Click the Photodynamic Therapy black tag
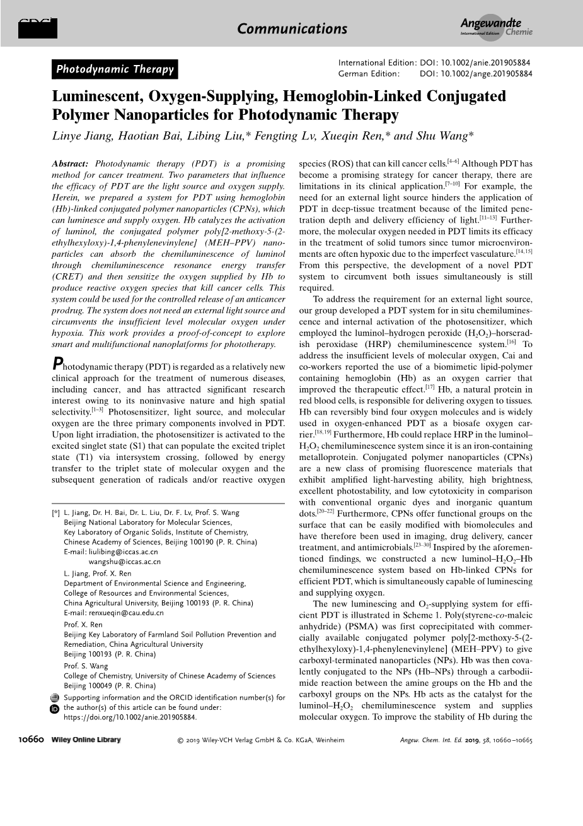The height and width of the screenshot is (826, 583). tap(115, 69)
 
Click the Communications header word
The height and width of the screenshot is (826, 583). tap(292, 29)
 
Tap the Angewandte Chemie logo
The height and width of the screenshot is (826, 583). tap(496, 28)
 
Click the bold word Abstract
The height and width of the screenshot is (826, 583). tap(70, 164)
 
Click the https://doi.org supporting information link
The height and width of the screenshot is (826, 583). tap(130, 717)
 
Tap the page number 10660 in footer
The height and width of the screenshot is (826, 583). tap(30, 740)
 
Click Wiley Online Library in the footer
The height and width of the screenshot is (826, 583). tap(86, 740)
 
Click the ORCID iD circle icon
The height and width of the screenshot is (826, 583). tap(54, 709)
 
